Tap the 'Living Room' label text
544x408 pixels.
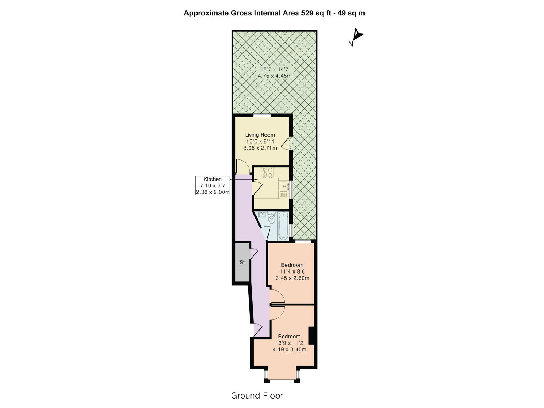click(260, 135)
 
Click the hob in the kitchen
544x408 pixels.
click(267, 172)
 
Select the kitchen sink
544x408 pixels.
click(284, 186)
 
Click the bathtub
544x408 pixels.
click(283, 226)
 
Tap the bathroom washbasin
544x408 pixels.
click(261, 216)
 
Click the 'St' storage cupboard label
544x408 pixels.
click(242, 262)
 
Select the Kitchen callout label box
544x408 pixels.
click(213, 185)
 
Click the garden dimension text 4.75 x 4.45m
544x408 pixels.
click(275, 76)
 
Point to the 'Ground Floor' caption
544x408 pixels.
click(257, 396)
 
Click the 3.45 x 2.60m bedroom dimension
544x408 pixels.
click(292, 278)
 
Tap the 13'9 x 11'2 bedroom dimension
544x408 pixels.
click(289, 343)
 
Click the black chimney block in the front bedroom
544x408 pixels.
click(312, 336)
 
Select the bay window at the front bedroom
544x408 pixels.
click(282, 380)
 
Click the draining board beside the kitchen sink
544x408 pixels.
click(284, 195)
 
